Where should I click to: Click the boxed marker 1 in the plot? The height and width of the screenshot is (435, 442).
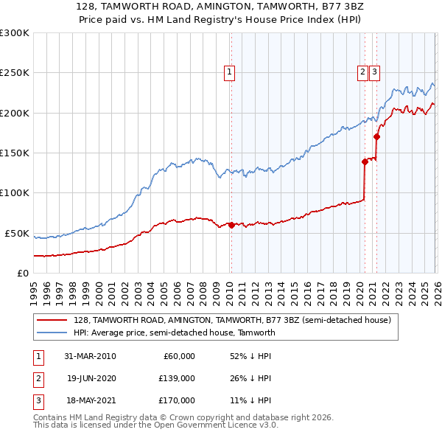pyautogui.click(x=230, y=72)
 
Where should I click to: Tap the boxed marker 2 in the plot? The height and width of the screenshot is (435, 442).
pyautogui.click(x=364, y=72)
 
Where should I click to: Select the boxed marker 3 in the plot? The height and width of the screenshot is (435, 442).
pyautogui.click(x=375, y=72)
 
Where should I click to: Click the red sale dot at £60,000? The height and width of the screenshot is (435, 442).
pyautogui.click(x=231, y=225)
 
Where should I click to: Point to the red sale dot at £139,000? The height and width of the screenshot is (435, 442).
pyautogui.click(x=365, y=161)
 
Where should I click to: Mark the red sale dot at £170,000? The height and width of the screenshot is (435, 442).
pyautogui.click(x=376, y=136)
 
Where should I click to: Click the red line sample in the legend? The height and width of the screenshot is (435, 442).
pyautogui.click(x=53, y=320)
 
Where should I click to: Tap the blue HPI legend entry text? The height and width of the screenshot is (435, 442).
pyautogui.click(x=174, y=333)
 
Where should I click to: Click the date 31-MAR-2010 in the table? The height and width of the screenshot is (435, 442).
pyautogui.click(x=90, y=356)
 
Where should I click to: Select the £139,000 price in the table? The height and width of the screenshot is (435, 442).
pyautogui.click(x=176, y=378)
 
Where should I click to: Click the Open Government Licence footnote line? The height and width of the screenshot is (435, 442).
pyautogui.click(x=155, y=425)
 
